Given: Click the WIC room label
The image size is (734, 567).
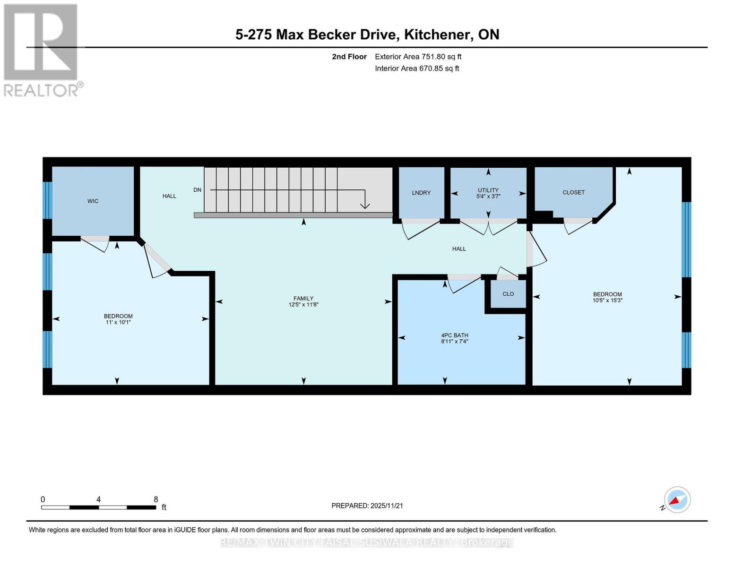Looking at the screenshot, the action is (x=93, y=201).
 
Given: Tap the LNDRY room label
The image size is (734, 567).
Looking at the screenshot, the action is (x=421, y=193).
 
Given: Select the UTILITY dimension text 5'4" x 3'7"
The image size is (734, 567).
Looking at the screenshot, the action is (x=488, y=196).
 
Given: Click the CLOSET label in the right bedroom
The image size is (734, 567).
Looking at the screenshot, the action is (x=574, y=192).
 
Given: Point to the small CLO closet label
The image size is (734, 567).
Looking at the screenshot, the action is (x=508, y=294).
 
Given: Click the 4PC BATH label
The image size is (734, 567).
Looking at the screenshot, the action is (x=455, y=335).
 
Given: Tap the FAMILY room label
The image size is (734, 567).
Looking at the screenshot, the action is (x=303, y=299).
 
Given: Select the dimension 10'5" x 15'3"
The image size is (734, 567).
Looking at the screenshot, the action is (x=607, y=300).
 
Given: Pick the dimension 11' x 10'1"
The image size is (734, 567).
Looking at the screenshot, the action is (x=118, y=322).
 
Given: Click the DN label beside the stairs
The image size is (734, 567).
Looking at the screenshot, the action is (x=197, y=190).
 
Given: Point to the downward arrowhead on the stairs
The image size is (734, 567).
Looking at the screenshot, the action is (x=365, y=206).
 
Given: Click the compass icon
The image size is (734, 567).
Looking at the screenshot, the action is (x=677, y=500).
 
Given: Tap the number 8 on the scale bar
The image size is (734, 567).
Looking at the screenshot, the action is (x=155, y=499).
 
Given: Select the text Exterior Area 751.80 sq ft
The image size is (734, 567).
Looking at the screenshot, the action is (x=418, y=57).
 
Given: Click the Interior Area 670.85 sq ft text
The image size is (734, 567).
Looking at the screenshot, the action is (x=417, y=69).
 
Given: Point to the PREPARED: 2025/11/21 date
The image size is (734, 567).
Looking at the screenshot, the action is (x=367, y=506).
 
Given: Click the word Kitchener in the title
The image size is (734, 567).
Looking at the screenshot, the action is (x=439, y=34).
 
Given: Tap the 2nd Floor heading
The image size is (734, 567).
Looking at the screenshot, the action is (x=349, y=57).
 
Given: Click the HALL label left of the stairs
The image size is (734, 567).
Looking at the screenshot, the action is (x=169, y=196).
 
